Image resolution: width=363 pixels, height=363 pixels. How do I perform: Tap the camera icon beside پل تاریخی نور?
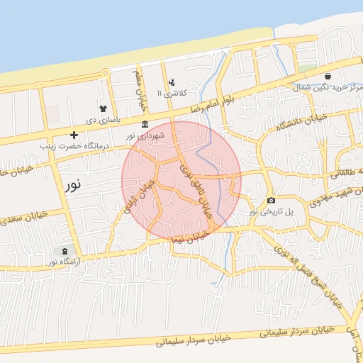272,201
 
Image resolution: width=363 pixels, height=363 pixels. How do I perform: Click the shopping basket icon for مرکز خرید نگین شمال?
328,76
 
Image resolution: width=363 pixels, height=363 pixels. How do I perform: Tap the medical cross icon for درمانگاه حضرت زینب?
74,135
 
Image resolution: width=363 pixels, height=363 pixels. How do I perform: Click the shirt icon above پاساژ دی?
104,108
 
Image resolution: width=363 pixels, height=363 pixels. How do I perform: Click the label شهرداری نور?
145,135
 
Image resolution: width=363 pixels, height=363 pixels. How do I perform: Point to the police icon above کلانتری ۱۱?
171,83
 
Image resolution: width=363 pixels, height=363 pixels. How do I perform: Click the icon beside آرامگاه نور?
65,252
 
